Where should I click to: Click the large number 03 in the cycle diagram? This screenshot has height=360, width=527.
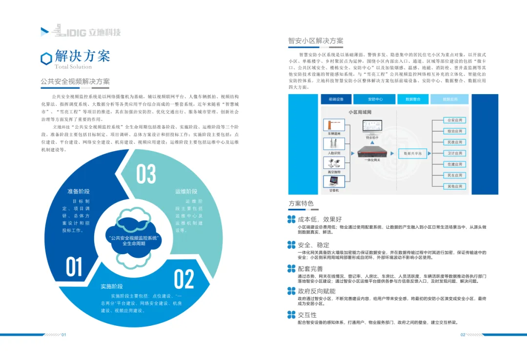(146, 175)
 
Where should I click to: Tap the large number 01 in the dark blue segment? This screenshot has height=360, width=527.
(75, 266)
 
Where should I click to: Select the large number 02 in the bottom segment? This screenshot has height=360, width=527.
(184, 279)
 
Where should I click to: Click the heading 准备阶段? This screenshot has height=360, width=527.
(79, 191)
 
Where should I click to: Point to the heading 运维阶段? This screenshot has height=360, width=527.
(186, 191)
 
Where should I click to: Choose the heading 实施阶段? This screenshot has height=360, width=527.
(112, 286)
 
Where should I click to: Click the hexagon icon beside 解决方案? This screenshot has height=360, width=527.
(46, 59)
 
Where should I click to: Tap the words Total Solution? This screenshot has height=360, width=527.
(73, 67)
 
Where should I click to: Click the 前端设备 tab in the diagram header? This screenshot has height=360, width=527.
(336, 100)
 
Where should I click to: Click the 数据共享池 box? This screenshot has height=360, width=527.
(413, 153)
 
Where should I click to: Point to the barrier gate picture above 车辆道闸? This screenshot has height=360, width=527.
(335, 122)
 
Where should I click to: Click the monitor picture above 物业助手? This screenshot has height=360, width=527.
(373, 127)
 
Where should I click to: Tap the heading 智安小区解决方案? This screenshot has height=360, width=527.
(316, 41)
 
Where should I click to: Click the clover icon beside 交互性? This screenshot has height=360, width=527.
(292, 315)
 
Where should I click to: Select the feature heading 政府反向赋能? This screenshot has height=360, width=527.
(317, 291)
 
